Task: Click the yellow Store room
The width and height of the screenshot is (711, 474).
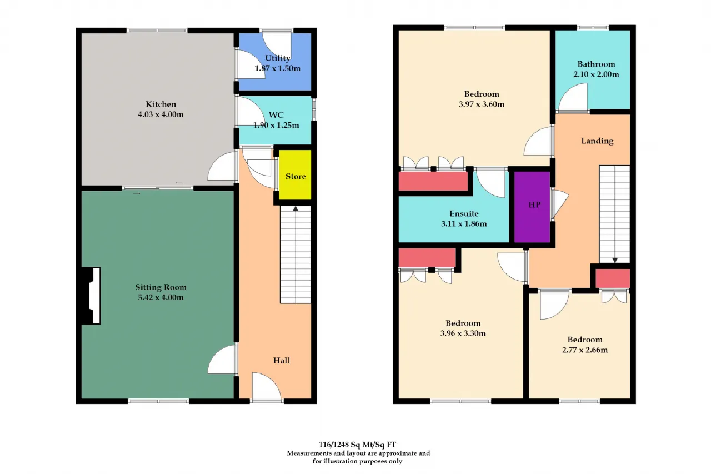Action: (x=295, y=175)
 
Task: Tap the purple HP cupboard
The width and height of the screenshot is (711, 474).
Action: (x=532, y=207)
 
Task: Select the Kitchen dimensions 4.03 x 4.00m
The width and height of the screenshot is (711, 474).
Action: (x=161, y=114)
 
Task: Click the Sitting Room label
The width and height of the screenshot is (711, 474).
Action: (x=161, y=287)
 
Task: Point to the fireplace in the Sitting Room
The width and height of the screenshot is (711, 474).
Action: (x=92, y=296)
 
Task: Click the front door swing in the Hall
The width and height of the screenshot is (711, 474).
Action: (x=266, y=386)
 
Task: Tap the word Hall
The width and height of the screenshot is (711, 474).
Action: (x=282, y=360)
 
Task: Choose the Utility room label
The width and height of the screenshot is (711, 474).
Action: (x=277, y=58)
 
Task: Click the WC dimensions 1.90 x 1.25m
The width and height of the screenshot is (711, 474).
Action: (x=276, y=126)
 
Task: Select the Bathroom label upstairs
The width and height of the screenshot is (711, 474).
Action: (x=596, y=64)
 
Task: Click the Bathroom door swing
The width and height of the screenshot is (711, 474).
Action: (x=573, y=97)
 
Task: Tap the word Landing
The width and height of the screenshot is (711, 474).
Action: (x=597, y=141)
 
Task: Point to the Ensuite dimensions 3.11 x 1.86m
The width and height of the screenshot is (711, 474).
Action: (x=464, y=224)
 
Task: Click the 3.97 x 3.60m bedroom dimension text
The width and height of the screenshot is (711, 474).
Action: (x=482, y=104)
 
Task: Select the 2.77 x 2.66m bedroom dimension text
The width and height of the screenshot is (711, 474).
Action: (x=585, y=350)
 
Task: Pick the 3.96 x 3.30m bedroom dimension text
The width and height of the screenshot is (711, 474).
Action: (x=463, y=333)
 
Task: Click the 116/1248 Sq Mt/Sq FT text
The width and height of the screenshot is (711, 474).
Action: (x=357, y=445)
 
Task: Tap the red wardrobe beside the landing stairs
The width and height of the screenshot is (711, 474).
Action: (x=613, y=278)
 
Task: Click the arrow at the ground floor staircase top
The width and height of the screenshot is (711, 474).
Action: (x=296, y=209)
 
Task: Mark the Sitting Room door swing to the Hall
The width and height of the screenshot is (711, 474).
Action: (x=222, y=359)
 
